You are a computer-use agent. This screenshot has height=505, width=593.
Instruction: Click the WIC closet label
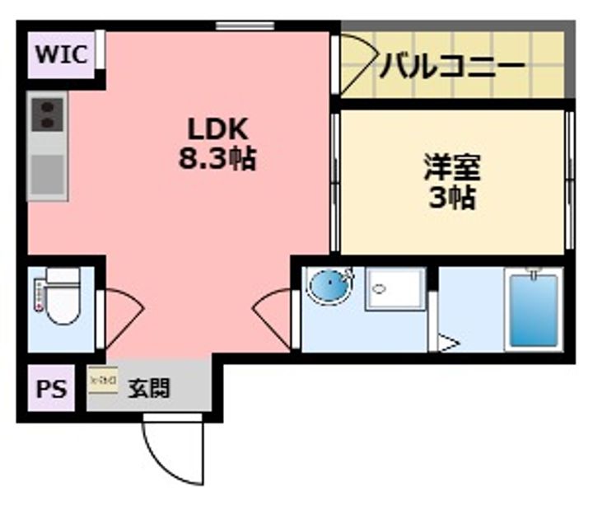(x=61, y=55)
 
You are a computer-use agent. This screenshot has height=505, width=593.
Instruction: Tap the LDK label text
(x=217, y=129)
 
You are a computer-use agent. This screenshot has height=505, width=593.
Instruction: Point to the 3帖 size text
(x=452, y=198)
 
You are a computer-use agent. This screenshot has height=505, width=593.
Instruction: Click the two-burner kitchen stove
(x=46, y=114)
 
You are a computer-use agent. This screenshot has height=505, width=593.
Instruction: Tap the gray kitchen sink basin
(x=46, y=174)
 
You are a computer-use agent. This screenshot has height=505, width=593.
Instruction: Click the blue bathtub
(x=534, y=311)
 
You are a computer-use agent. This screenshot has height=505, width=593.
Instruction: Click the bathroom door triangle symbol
(x=448, y=343)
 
